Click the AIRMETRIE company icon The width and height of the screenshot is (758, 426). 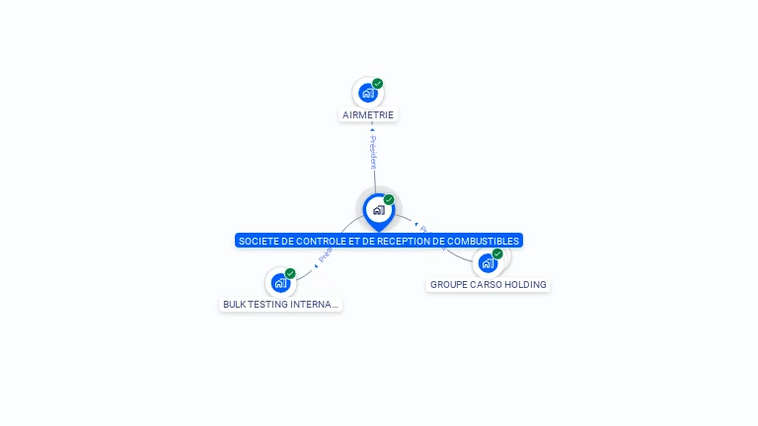click(368, 93)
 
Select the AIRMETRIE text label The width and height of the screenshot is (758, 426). click(368, 114)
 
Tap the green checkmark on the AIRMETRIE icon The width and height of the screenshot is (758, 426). click(378, 84)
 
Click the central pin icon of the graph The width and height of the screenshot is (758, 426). click(378, 210)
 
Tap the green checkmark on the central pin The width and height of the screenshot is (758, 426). click(389, 200)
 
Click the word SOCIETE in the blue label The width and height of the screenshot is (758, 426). click(256, 241)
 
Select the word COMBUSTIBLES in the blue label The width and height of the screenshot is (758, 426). click(488, 241)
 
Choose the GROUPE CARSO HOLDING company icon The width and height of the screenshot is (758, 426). click(488, 263)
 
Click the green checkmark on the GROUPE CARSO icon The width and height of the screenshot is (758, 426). click(497, 254)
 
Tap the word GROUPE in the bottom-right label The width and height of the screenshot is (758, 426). click(448, 285)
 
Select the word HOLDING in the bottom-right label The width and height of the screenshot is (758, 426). click(525, 285)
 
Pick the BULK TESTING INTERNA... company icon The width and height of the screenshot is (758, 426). click(280, 283)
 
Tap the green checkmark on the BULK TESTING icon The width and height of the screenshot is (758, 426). click(290, 273)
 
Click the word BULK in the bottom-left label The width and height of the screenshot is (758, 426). click(234, 305)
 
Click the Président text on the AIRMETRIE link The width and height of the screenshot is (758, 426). click(373, 152)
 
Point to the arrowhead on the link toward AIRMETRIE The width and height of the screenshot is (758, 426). click(372, 129)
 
